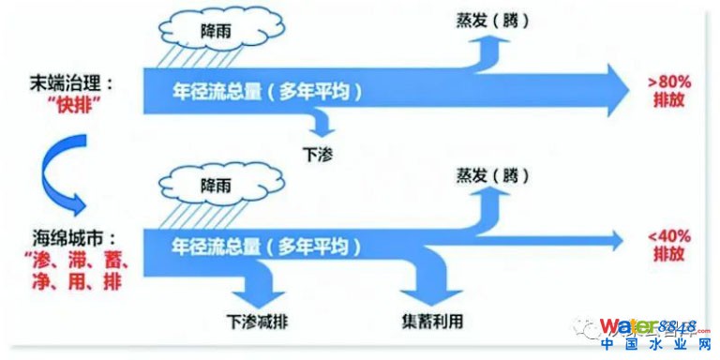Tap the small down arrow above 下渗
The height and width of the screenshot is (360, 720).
322,123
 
